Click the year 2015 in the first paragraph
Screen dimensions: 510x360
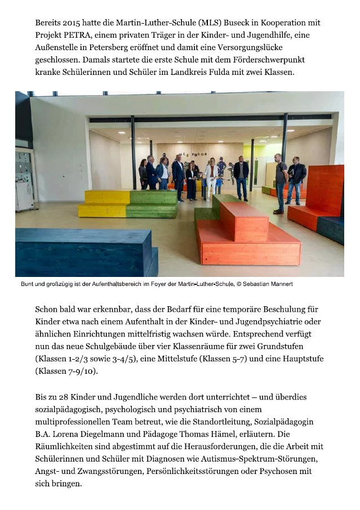tap(70, 23)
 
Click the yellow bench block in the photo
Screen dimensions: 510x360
tap(104, 204)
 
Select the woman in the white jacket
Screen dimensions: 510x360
tap(211, 177)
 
